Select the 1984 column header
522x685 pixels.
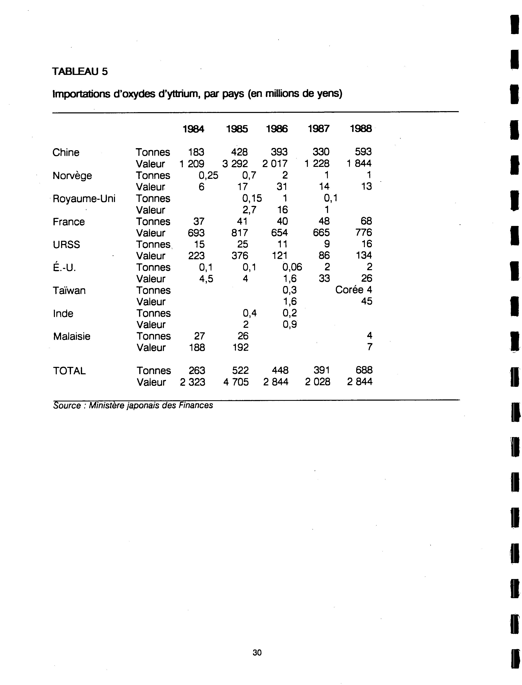click(x=193, y=129)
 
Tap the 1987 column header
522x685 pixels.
click(x=318, y=129)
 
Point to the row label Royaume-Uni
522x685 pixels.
click(x=84, y=198)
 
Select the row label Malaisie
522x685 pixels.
click(x=72, y=336)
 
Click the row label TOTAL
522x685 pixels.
click(x=69, y=371)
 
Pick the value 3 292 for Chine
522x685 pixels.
click(x=235, y=163)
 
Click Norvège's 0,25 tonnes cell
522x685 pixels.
click(x=209, y=176)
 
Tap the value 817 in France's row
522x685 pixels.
click(x=240, y=233)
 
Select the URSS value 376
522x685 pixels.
click(x=240, y=256)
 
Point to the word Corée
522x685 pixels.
click(x=349, y=290)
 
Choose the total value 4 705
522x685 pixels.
click(x=236, y=382)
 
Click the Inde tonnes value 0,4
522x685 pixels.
click(x=249, y=313)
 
